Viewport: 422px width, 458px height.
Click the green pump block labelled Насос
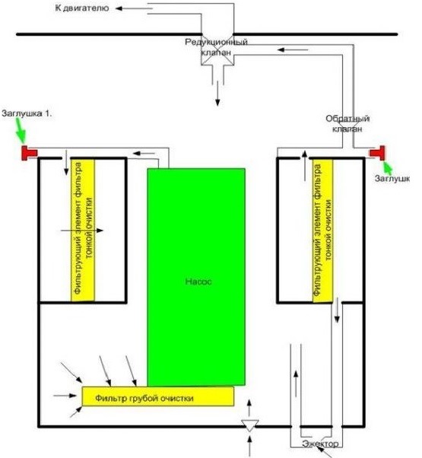pos(196,277)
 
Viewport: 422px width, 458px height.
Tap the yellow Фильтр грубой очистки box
pos(158,396)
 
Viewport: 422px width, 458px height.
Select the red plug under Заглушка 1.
pos(29,153)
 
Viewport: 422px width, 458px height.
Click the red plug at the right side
pos(378,153)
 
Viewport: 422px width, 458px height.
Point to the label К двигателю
pos(82,8)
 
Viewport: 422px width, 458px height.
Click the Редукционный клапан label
pos(216,47)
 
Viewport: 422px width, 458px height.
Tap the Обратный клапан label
pos(347,123)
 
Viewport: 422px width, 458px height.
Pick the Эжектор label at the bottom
pos(320,444)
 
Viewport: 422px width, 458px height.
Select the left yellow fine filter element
pos(83,230)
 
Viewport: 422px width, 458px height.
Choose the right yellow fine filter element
pos(323,231)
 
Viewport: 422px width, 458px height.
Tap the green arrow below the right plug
pos(388,167)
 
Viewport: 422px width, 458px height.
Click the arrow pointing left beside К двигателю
pos(134,8)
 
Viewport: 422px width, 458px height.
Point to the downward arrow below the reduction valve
pos(217,94)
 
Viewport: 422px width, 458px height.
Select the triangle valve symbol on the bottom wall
pos(249,425)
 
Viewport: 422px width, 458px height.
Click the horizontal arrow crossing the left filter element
pos(82,231)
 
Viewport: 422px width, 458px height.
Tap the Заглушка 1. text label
pos(27,113)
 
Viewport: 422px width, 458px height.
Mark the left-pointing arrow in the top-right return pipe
pos(293,50)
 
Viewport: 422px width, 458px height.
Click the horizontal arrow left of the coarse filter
pos(65,396)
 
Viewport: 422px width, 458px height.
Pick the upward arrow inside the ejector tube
pos(296,383)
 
